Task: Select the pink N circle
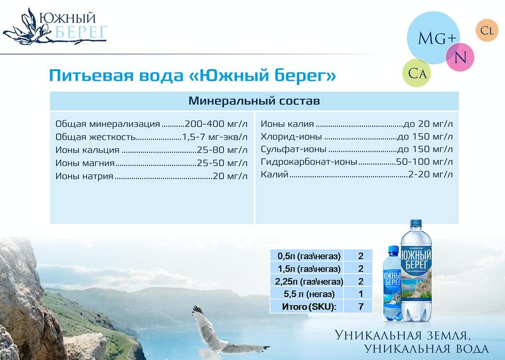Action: (x=460, y=57)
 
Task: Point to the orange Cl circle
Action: (x=486, y=31)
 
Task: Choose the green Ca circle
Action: (x=417, y=73)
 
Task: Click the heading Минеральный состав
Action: (x=254, y=101)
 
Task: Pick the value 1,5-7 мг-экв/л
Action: (x=214, y=137)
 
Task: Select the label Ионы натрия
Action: (x=84, y=175)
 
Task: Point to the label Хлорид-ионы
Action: (x=291, y=137)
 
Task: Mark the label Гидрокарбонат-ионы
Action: (x=308, y=162)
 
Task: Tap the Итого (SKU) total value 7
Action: (x=360, y=306)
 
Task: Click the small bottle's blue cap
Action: (x=393, y=249)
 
